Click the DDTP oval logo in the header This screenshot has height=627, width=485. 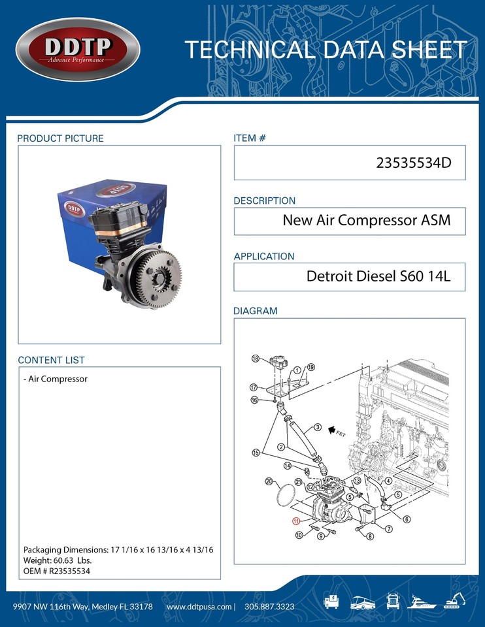[78, 50]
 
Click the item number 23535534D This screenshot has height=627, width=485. [414, 163]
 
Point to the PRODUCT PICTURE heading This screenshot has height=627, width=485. [60, 138]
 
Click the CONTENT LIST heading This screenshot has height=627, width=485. [51, 360]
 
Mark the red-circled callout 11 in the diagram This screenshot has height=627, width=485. [296, 521]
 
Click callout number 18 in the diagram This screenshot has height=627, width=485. [256, 358]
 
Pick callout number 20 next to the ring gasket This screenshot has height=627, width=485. [269, 481]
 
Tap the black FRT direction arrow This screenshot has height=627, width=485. [333, 430]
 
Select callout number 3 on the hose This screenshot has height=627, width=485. [317, 427]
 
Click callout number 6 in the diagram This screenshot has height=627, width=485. [407, 519]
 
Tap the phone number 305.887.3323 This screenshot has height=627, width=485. [269, 607]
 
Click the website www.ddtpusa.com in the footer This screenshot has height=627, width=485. [199, 607]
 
